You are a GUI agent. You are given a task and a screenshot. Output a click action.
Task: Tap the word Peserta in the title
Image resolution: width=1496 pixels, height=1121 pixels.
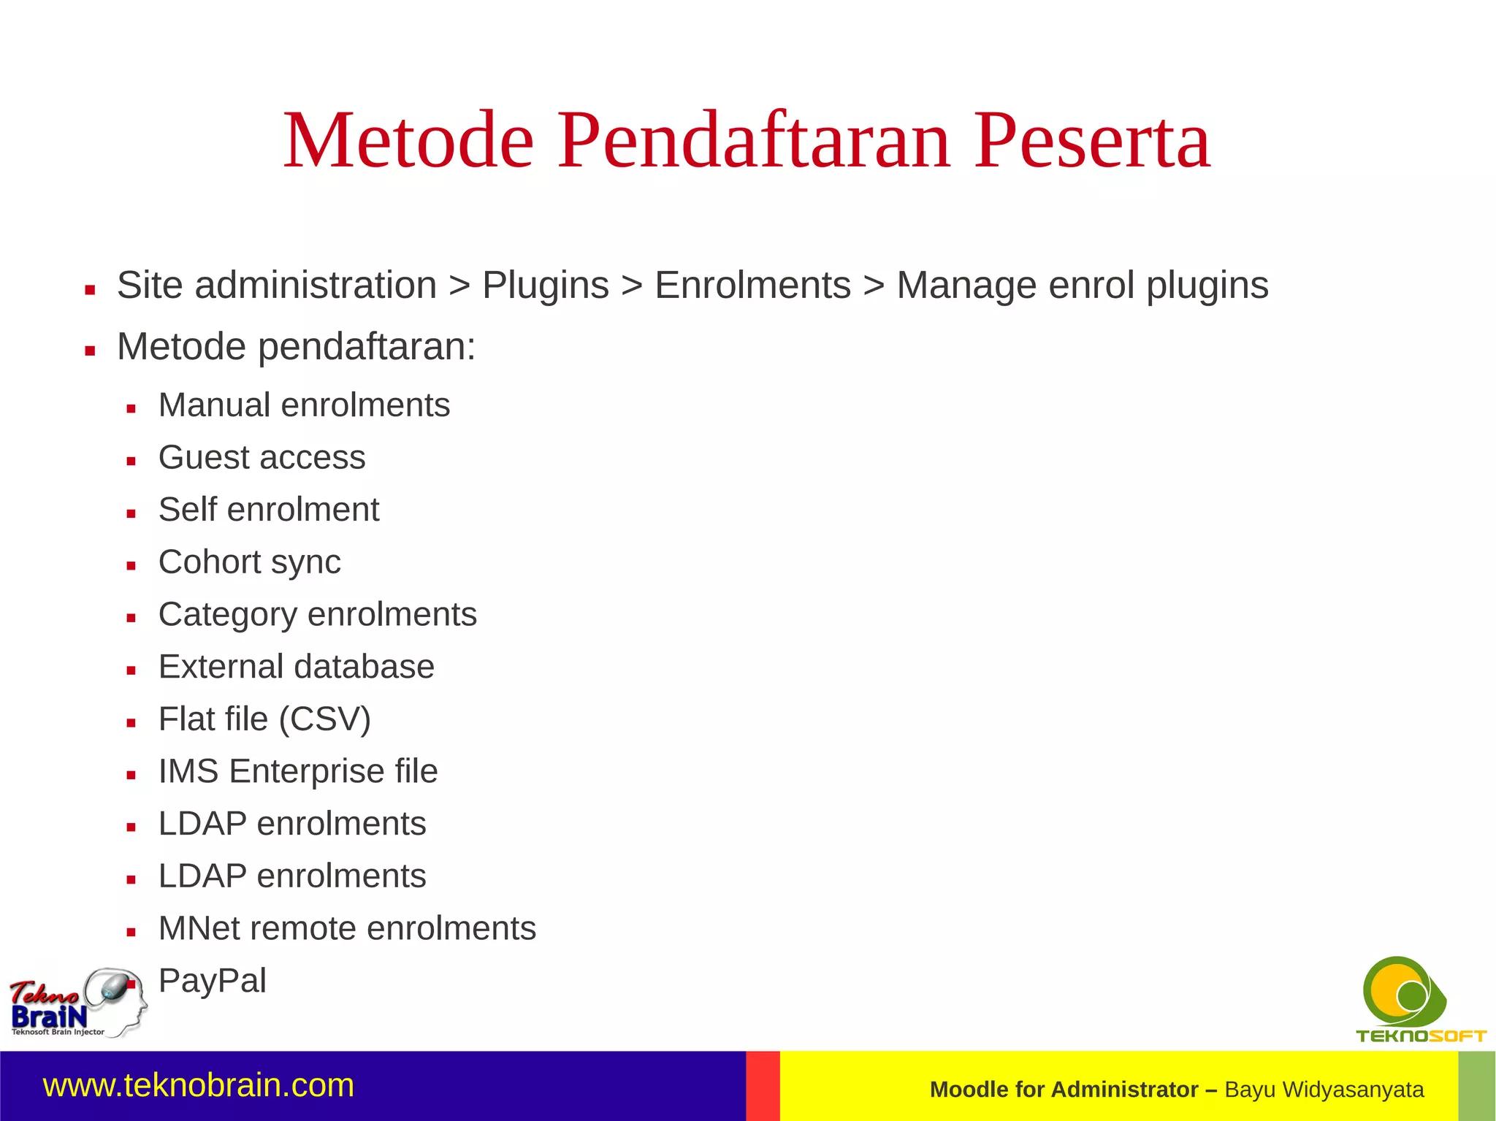coord(1092,141)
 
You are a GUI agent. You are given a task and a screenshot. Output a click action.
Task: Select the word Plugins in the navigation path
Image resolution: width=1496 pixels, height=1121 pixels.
coord(545,285)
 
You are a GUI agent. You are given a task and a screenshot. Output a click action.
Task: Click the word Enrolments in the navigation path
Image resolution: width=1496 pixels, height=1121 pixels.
coord(752,285)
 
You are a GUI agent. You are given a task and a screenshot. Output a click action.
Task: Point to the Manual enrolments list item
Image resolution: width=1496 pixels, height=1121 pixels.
coord(304,405)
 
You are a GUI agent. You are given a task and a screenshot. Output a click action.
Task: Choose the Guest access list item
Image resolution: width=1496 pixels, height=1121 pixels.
coord(262,458)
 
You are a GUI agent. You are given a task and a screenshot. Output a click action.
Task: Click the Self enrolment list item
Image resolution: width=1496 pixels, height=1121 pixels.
coord(269,510)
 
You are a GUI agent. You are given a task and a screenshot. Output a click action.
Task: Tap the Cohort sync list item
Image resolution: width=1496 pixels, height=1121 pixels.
coord(249,562)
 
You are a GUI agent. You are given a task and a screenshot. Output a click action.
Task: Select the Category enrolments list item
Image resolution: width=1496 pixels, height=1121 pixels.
coord(317,615)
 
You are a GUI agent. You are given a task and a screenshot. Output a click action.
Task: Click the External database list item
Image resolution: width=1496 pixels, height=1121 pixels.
coord(296,667)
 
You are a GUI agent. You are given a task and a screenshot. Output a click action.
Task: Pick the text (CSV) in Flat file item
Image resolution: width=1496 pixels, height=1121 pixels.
coord(325,719)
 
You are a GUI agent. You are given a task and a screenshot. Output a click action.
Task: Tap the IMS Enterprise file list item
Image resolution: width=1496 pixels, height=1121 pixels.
coord(298,772)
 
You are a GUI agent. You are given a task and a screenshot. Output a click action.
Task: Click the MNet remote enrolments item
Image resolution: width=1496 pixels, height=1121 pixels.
coord(347,929)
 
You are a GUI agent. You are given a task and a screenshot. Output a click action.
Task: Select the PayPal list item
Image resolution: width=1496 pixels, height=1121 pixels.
coord(212,981)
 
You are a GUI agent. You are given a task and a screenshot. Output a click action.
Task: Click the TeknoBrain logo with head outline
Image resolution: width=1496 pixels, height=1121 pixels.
coord(77,1003)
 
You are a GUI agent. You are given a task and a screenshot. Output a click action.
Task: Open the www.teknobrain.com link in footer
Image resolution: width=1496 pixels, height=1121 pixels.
coord(199,1085)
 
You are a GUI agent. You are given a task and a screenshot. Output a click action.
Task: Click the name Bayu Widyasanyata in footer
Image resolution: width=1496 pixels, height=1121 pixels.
coord(1324,1090)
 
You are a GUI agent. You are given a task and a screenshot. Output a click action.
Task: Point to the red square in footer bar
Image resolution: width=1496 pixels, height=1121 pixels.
coord(763,1086)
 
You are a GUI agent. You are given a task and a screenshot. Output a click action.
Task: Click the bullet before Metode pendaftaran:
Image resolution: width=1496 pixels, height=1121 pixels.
coord(90,351)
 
